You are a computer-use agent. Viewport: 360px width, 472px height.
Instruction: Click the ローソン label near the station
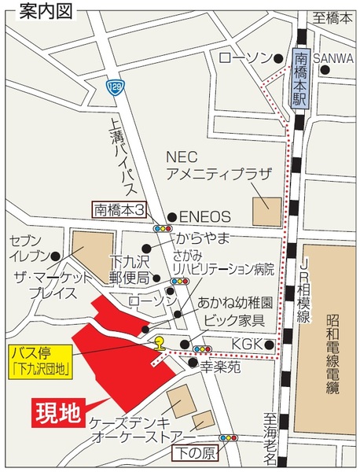coord(244,57)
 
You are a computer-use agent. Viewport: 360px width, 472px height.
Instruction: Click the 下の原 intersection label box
coord(194,452)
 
